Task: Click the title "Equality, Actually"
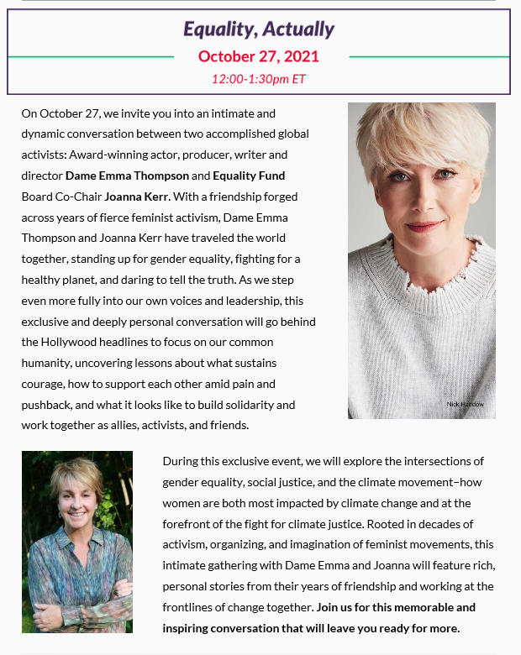tap(259, 29)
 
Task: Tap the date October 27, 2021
tap(259, 57)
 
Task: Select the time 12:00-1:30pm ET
tap(259, 80)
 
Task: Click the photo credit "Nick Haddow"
tap(465, 405)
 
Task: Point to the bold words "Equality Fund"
tap(249, 176)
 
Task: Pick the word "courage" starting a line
tap(43, 384)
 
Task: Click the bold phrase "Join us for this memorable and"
tap(396, 607)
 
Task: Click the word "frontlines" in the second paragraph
tap(192, 607)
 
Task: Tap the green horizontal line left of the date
tap(91, 57)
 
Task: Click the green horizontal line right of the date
tap(429, 57)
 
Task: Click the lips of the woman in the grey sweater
tap(424, 226)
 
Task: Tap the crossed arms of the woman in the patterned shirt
tap(76, 609)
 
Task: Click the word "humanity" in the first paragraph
tap(47, 363)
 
